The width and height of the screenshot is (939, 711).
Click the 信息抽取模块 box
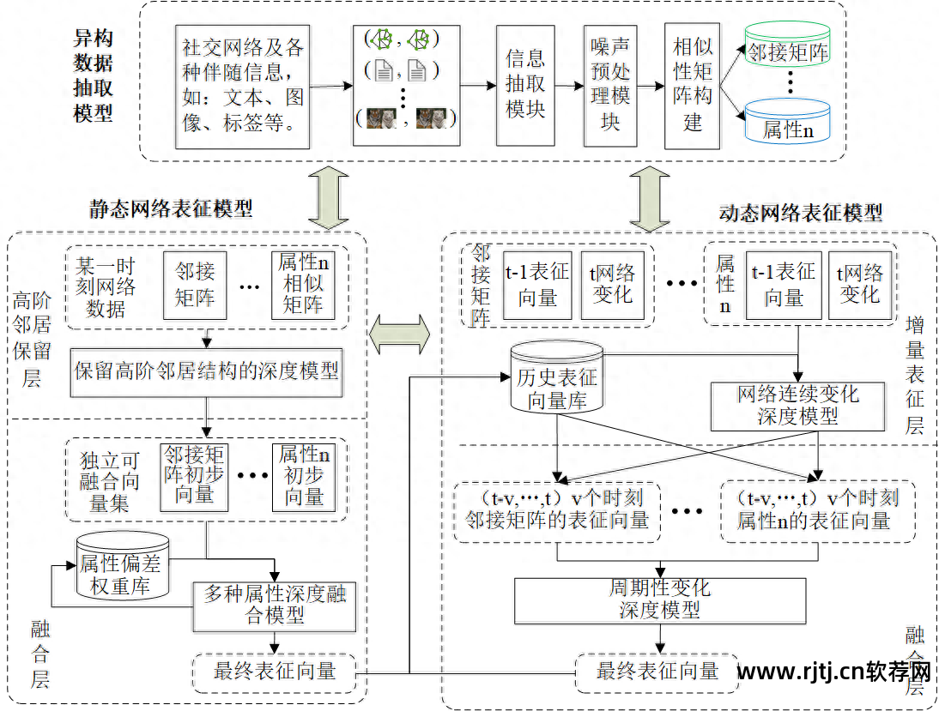coord(524,84)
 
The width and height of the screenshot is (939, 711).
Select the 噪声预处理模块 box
coord(609,84)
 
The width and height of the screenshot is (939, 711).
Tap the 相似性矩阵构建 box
coord(692,84)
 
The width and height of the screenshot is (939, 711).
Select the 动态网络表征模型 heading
coord(800,212)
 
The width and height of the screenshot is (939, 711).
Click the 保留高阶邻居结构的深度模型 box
coord(206,372)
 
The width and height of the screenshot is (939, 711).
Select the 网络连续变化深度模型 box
coord(797,406)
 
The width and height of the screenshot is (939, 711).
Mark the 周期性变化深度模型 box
coord(659,600)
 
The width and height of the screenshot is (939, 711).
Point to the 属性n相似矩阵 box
coord(303,284)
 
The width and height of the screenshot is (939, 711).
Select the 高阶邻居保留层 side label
coord(32,339)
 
